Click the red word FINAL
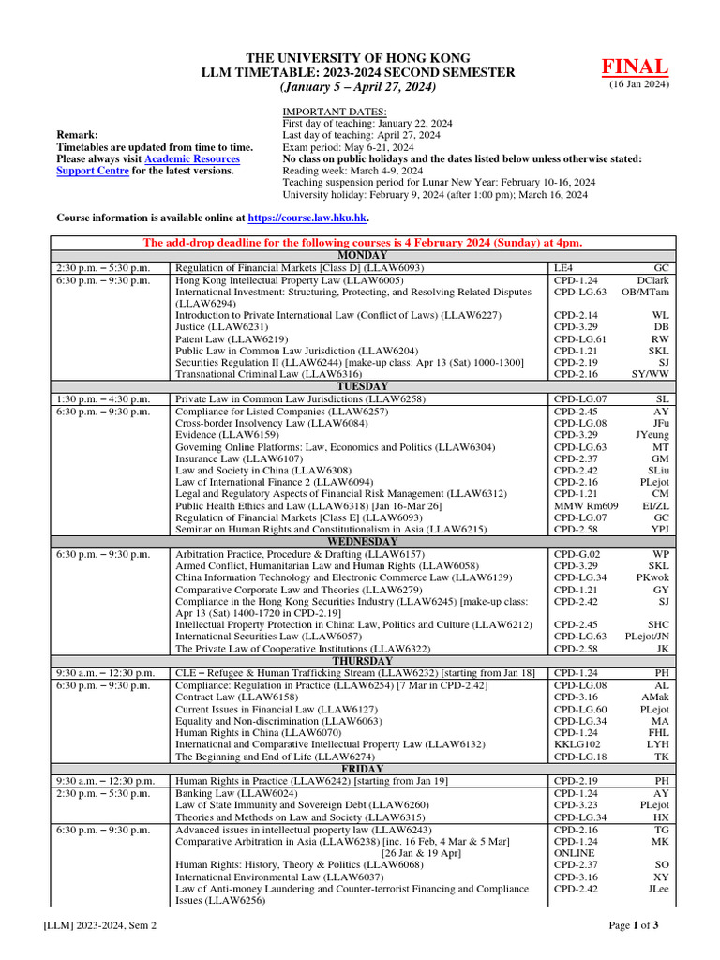pos(635,67)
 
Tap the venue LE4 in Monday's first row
pos(562,267)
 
